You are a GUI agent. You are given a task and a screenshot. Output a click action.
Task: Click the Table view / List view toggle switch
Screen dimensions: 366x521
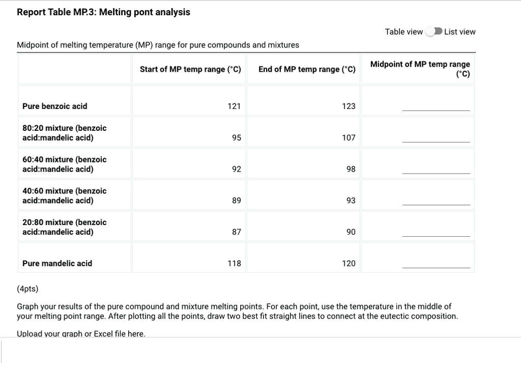[x=433, y=32]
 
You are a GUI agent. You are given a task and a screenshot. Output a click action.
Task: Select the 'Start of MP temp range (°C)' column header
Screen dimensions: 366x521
[x=190, y=69]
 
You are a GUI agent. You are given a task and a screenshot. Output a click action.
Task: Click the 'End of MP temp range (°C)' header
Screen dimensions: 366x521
[x=307, y=69]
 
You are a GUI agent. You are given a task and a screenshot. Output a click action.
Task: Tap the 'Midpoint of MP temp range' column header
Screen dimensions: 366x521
[x=420, y=69]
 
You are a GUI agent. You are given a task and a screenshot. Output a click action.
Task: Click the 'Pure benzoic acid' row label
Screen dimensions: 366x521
[x=54, y=106]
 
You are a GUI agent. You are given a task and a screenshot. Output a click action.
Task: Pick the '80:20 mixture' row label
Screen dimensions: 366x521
[x=64, y=132]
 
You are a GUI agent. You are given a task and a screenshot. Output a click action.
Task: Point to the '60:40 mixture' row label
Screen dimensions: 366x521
[x=64, y=164]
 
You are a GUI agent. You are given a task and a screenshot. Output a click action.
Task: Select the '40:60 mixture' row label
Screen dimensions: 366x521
[x=64, y=195]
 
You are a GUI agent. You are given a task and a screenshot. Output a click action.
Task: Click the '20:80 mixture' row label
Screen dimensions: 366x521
[x=64, y=227]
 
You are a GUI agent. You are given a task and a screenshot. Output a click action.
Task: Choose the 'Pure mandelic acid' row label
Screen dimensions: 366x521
[x=57, y=263]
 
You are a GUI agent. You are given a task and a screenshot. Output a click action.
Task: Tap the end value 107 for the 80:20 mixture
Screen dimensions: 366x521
[x=349, y=137]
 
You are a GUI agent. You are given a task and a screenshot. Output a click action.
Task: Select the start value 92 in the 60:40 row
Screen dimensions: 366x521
[x=236, y=169]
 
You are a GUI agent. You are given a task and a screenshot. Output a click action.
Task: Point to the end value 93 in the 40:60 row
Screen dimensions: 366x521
[x=351, y=201]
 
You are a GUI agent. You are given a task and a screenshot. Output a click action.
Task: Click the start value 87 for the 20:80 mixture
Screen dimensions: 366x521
[x=236, y=232]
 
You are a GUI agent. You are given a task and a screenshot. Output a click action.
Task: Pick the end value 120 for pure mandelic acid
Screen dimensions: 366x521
[x=349, y=263]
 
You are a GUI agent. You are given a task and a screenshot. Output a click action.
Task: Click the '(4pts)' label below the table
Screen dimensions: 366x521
[x=27, y=289]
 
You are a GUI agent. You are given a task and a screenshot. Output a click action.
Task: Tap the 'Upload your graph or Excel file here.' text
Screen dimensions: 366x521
[x=81, y=334]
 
